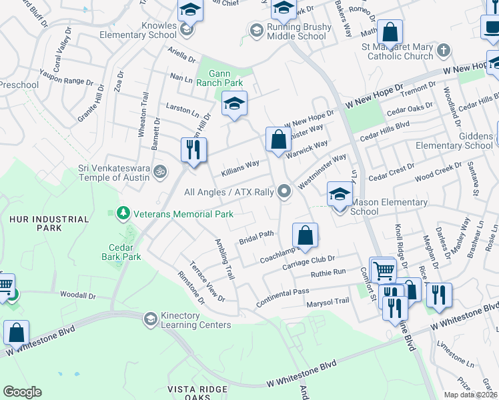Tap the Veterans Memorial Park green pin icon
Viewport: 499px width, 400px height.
pos(122,213)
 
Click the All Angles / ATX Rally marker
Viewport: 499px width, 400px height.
pos(285,191)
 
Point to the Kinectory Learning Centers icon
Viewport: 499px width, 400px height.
pos(150,319)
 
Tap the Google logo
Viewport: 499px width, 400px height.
pos(22,392)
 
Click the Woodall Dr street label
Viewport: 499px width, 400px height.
pos(78,295)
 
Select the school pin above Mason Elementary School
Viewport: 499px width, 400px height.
pos(340,194)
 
